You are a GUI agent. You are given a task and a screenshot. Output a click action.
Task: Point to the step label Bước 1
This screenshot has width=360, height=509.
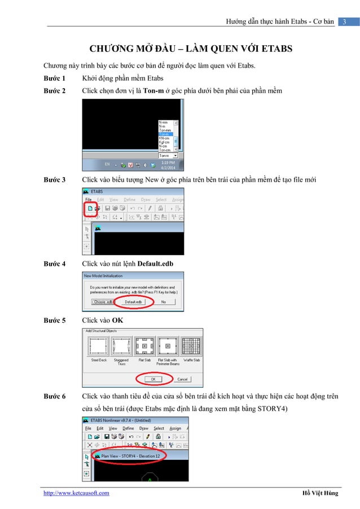[x=55, y=78]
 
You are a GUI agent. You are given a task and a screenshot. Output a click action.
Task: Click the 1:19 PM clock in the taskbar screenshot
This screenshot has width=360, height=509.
[x=167, y=162]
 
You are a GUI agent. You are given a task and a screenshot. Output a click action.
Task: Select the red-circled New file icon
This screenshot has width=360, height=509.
[x=89, y=208]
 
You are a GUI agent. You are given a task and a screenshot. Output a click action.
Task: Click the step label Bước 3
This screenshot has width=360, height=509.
[x=55, y=180]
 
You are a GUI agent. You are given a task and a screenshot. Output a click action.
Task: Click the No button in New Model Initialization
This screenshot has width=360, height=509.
[x=164, y=302]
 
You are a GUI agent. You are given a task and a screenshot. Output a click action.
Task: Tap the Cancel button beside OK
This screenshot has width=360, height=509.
[x=182, y=379]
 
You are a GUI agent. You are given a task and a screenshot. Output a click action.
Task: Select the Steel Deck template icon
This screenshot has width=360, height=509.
[x=99, y=344]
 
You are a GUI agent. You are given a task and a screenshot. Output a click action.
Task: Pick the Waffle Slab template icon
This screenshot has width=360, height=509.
[x=191, y=344]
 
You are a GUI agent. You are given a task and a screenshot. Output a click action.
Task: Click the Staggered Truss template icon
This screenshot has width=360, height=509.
[x=121, y=344]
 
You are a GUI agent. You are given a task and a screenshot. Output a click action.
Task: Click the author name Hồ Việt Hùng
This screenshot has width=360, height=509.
[x=320, y=493]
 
